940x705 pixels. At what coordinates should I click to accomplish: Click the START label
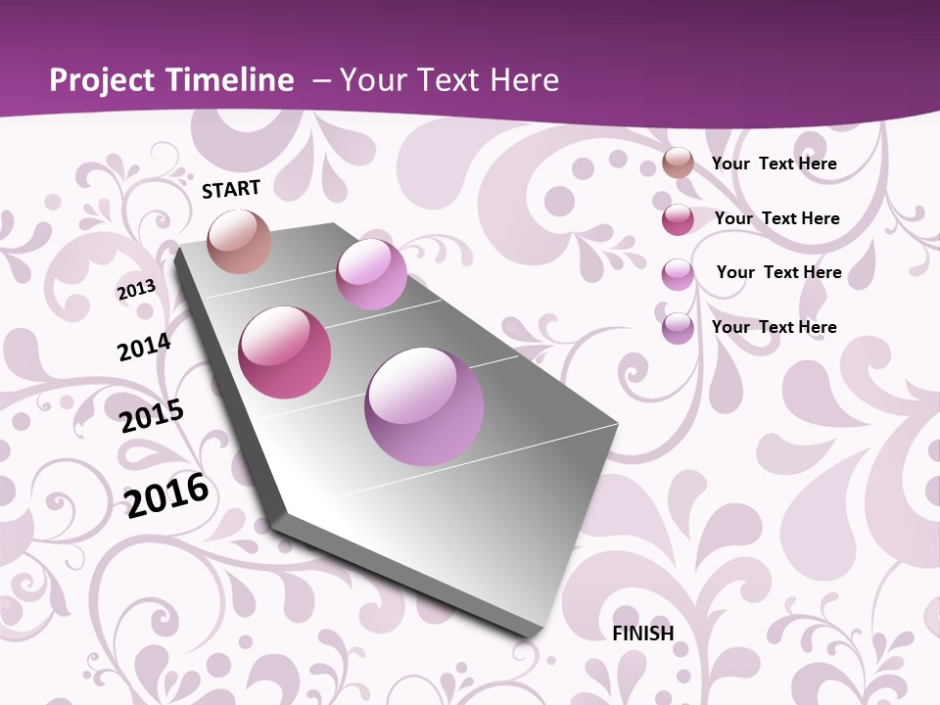pos(231,189)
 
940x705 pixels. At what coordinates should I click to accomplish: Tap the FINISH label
pos(643,634)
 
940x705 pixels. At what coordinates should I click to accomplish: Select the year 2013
pos(136,290)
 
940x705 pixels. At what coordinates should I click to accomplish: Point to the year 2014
pos(144,348)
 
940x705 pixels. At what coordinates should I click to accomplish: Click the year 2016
pos(166,494)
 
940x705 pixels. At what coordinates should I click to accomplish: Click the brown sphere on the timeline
pos(240,241)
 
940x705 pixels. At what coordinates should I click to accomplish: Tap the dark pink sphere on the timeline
pos(285,352)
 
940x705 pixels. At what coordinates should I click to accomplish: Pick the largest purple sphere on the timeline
pos(424,406)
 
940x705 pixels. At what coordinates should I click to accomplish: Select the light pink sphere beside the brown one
pos(371,274)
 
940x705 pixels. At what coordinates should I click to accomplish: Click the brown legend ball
pos(678,164)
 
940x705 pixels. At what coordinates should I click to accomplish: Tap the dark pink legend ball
pos(678,219)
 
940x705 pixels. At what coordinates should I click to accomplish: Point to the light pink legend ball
pos(678,273)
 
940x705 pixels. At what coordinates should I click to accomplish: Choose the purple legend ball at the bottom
pos(678,328)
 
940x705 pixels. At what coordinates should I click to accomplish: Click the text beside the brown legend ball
pos(774,164)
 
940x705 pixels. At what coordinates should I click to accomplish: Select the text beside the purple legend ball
pos(774,327)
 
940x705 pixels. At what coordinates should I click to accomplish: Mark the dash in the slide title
pos(321,80)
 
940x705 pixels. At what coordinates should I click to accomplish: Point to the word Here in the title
pos(524,80)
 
